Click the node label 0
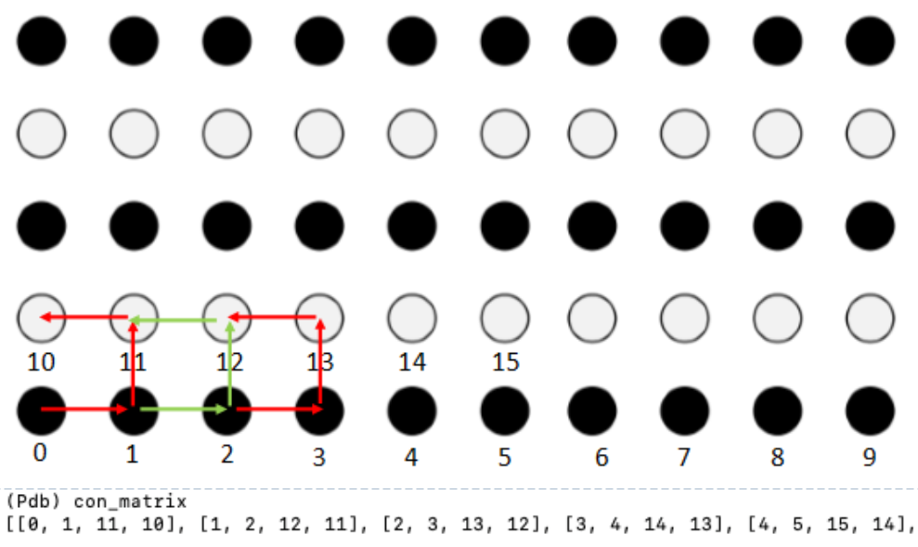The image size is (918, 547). pos(40,452)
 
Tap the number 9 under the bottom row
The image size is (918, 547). pos(870,457)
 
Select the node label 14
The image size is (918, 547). pos(412,362)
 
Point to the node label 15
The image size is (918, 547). pos(505,362)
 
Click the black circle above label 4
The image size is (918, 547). pos(412,410)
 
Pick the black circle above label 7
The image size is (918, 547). pos(684,410)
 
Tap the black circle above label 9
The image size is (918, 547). pos(870,410)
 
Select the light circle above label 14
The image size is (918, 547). pos(412,318)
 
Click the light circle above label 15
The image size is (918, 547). pos(505,318)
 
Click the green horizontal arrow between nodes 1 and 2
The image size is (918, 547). pos(184,410)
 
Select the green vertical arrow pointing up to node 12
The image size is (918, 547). pos(230,364)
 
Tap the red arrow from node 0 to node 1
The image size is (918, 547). pos(84,410)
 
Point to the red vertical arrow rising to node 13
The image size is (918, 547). pos(320,361)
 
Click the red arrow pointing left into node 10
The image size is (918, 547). pos(84,318)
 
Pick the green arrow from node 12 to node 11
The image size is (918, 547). pos(173,319)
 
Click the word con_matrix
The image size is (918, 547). pos(130,501)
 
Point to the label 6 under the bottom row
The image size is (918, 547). pos(601,457)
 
